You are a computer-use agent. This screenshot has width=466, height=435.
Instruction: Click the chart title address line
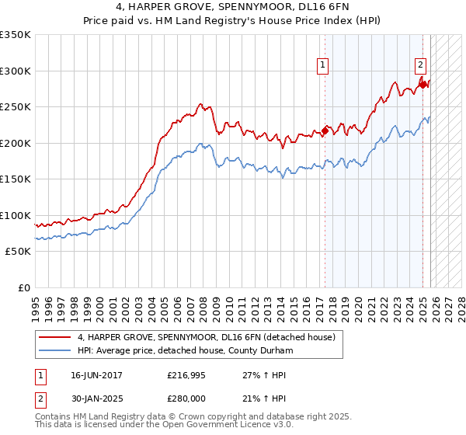point(233,8)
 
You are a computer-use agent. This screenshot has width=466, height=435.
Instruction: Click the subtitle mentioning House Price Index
point(233,22)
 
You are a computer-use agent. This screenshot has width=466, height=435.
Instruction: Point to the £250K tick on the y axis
point(16,107)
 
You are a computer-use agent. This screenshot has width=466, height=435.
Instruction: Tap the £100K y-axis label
point(16,215)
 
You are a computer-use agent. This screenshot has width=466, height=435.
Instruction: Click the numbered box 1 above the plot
point(322,65)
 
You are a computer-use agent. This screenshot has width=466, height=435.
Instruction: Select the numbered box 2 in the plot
point(420,65)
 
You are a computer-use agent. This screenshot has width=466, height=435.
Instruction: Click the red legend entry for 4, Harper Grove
point(206,337)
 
